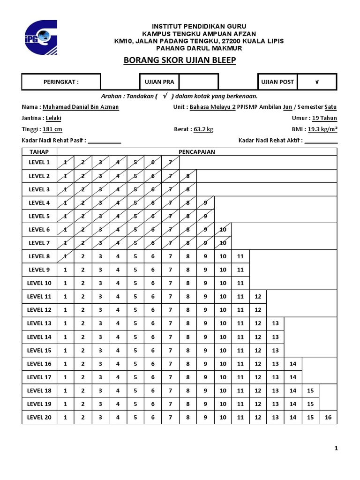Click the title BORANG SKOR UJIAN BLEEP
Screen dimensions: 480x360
tap(180, 60)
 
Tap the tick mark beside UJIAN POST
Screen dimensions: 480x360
tap(317, 82)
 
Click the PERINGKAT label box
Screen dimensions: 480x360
tap(61, 82)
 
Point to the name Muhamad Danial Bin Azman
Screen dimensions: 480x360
tap(81, 107)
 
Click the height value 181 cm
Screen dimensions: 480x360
tap(52, 129)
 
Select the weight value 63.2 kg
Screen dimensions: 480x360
tap(203, 129)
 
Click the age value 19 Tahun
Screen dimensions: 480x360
tap(324, 118)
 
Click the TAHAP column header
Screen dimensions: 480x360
tap(39, 152)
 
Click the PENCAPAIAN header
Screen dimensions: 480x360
tap(197, 152)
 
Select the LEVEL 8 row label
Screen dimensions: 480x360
tap(39, 256)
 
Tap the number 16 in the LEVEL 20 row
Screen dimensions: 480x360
tap(328, 417)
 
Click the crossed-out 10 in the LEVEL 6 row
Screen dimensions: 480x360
tap(223, 230)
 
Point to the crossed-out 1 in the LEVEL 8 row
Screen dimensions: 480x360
tap(66, 256)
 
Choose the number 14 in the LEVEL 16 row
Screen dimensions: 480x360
tap(293, 364)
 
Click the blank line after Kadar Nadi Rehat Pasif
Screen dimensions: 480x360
tap(105, 141)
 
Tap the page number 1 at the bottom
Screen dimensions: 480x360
tap(336, 449)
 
